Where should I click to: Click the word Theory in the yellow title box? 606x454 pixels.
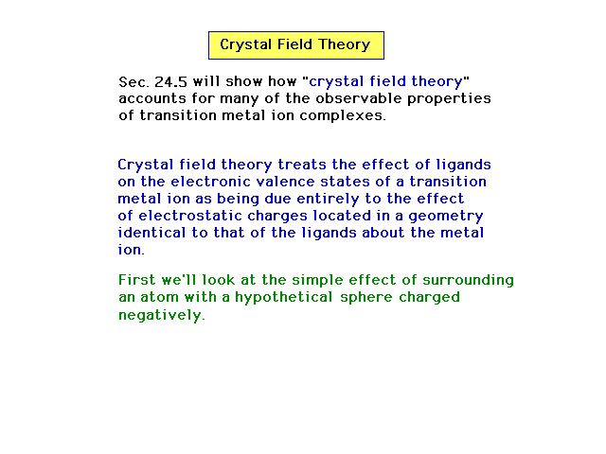coord(345,45)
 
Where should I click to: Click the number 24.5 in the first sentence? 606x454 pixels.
coord(170,82)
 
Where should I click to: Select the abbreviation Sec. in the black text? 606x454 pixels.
coord(134,82)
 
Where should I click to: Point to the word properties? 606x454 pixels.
coord(449,99)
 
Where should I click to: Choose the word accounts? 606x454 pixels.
coord(152,98)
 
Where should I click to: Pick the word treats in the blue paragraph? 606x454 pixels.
coord(302,165)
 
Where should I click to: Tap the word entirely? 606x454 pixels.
coord(328,200)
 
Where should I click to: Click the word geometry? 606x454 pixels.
coord(446,217)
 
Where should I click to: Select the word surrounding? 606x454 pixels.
coord(468,281)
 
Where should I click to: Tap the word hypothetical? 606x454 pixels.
coord(284,298)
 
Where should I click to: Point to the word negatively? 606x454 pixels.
coord(162,315)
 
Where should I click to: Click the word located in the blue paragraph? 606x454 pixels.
coord(342,216)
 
